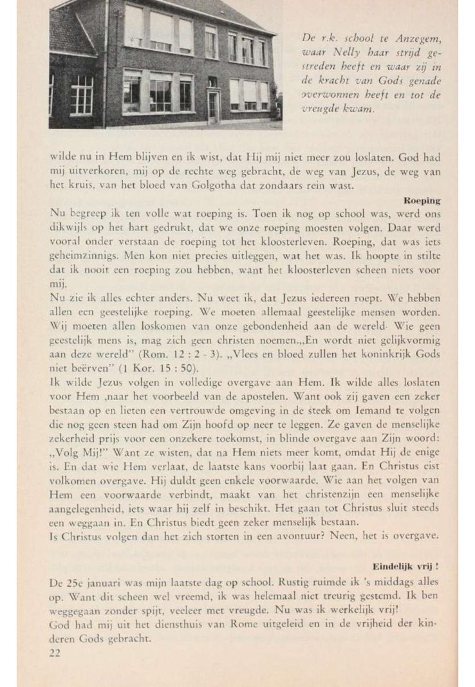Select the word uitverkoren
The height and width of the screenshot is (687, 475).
click(x=91, y=173)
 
